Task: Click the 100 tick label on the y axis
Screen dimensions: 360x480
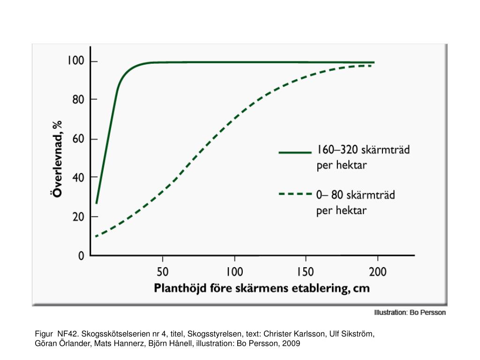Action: point(75,61)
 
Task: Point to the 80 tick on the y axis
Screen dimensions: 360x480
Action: point(78,99)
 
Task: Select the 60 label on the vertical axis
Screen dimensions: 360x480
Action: point(78,139)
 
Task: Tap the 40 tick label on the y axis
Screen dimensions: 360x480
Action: point(78,177)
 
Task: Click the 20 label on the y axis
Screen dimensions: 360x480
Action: point(78,217)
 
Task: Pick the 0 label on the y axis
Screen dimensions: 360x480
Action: point(81,256)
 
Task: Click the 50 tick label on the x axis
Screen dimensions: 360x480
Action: point(162,271)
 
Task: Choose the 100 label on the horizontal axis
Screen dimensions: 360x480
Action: point(234,271)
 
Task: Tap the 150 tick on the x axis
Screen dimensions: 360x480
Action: point(306,271)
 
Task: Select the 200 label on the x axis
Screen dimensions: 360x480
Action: point(377,271)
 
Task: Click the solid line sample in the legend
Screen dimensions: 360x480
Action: point(295,152)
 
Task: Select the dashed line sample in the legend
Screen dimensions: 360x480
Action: point(295,193)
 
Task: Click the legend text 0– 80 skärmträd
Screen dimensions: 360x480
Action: point(355,194)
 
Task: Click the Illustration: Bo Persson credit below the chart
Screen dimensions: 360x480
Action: point(410,312)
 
